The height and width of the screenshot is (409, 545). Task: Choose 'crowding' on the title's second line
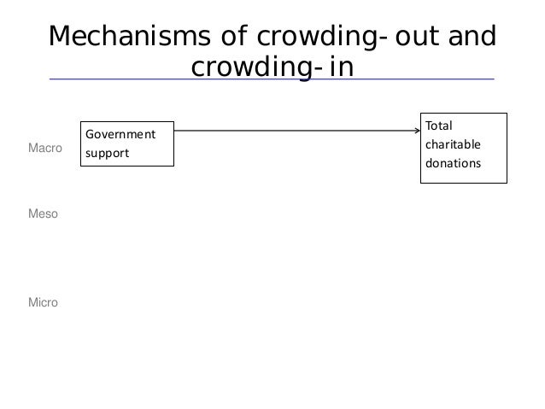(x=249, y=66)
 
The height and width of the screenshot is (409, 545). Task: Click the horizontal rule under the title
(x=272, y=79)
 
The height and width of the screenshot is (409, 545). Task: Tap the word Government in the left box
(x=120, y=134)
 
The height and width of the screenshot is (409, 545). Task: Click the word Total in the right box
(x=439, y=126)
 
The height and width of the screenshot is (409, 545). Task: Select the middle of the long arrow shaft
(x=297, y=131)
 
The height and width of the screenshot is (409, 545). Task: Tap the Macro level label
(x=45, y=149)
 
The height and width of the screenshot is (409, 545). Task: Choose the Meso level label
(x=44, y=214)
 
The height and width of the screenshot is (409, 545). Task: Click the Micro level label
(x=44, y=302)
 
